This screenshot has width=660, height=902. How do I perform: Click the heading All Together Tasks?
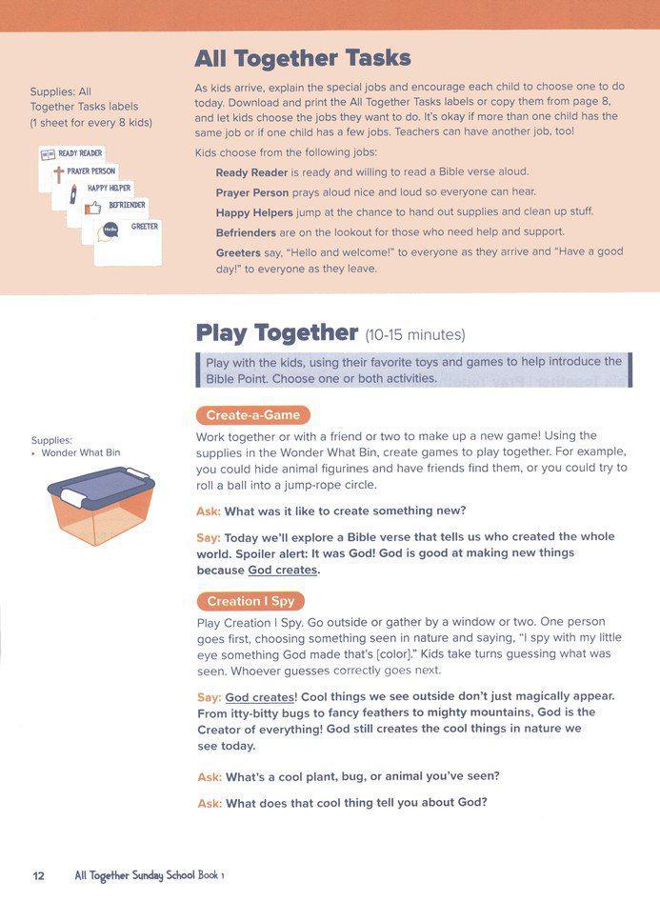pos(303,59)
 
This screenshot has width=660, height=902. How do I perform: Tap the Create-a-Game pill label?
pos(252,415)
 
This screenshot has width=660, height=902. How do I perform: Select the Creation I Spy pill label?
pos(250,601)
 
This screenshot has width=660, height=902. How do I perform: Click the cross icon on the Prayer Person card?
pos(58,175)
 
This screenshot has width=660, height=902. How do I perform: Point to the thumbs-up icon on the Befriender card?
pos(93,207)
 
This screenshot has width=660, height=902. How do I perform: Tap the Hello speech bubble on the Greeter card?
pos(110,230)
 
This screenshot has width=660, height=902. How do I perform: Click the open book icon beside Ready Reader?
pos(48,154)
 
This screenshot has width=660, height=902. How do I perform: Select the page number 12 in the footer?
pos(38,875)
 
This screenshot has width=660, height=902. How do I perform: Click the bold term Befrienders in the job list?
pos(247,231)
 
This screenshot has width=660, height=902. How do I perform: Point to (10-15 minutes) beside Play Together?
pos(414,334)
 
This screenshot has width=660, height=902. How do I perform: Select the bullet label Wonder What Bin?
pos(81,452)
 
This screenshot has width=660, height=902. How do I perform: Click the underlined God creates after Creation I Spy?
pos(259,697)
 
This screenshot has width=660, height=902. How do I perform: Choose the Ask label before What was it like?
pos(208,511)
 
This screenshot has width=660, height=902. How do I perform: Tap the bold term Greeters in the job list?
pos(238,252)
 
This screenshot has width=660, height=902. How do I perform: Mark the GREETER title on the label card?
pos(145,226)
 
